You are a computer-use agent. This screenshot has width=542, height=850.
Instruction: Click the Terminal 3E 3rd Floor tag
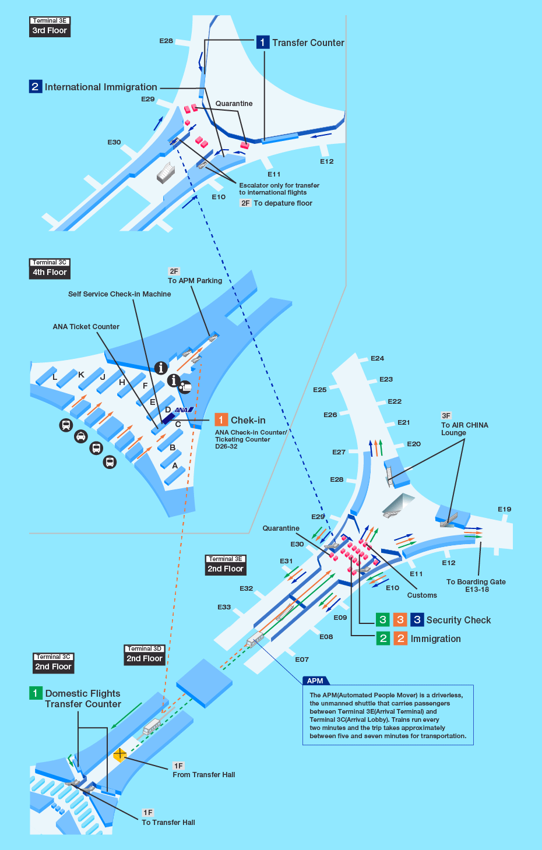click(x=50, y=27)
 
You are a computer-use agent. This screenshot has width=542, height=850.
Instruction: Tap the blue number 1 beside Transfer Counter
click(x=262, y=42)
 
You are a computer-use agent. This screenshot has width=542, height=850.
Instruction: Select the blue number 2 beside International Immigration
click(x=35, y=87)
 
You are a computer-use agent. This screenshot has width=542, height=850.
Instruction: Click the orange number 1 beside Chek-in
click(x=221, y=420)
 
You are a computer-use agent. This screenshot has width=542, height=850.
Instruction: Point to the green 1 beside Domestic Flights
click(x=35, y=693)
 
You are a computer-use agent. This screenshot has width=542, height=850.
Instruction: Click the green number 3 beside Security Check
click(x=382, y=620)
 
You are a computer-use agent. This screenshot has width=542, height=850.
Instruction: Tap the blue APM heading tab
click(x=315, y=680)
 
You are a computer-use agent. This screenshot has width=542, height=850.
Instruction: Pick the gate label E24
click(x=377, y=358)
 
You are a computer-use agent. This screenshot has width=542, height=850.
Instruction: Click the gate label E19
click(x=504, y=509)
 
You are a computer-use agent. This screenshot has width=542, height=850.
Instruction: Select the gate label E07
click(x=301, y=659)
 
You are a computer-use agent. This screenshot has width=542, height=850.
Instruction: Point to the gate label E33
click(x=224, y=607)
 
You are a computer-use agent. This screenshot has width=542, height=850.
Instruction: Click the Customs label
click(x=422, y=595)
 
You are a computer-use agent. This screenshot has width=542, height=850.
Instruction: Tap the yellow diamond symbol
click(x=119, y=754)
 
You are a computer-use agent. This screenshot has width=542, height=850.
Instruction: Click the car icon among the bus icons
click(x=80, y=436)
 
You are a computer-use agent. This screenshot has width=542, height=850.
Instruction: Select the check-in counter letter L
click(x=55, y=377)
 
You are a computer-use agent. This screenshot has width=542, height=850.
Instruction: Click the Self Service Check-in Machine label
click(x=119, y=294)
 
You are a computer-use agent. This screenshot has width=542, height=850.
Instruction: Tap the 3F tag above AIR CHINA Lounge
click(x=446, y=416)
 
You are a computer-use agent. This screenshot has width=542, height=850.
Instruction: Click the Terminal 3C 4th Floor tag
click(x=50, y=269)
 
